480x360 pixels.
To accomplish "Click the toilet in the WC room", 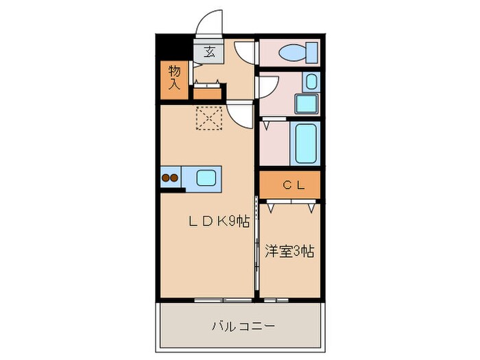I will [x=293, y=51].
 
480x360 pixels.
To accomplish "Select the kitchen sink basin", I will [x=206, y=178].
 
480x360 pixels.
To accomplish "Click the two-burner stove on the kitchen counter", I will [x=170, y=178].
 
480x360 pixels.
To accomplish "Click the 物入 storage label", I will [x=174, y=77].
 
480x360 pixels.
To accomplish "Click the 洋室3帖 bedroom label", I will [x=289, y=251].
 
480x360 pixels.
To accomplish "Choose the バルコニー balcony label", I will [x=243, y=325].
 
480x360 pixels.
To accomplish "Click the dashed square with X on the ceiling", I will [x=208, y=118].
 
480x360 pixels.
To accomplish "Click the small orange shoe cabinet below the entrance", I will [x=207, y=93].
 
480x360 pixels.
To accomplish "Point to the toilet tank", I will [x=312, y=51].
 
